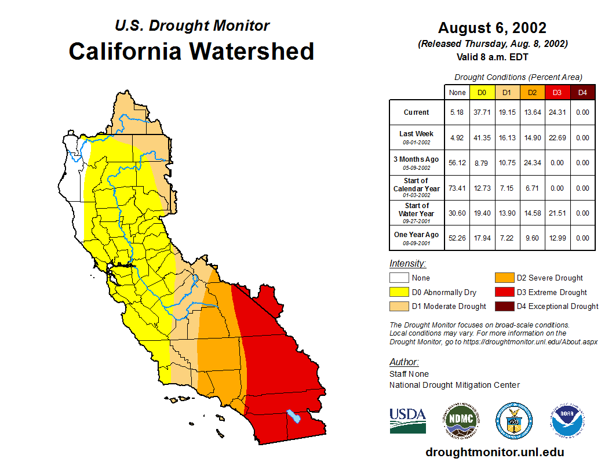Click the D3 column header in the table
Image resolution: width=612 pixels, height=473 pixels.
click(x=557, y=93)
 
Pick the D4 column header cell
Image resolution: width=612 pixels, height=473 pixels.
click(x=582, y=93)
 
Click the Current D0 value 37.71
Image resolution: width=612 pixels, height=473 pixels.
click(x=482, y=112)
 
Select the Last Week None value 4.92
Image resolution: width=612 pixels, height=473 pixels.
click(x=457, y=138)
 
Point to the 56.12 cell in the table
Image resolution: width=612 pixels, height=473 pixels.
click(x=457, y=163)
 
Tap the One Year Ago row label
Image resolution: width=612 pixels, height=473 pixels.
click(x=417, y=235)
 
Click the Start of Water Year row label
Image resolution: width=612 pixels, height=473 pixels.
click(x=417, y=209)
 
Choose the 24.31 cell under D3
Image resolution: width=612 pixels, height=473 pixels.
click(x=557, y=112)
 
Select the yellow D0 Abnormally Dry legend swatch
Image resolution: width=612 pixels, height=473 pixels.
click(x=399, y=292)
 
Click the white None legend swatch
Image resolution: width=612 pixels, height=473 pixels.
click(x=399, y=278)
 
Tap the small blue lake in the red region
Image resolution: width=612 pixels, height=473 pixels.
click(x=294, y=416)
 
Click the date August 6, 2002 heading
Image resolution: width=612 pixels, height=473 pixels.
click(x=492, y=28)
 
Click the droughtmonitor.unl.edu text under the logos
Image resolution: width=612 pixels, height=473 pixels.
click(x=494, y=452)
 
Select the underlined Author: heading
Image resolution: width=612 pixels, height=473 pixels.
click(x=404, y=362)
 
